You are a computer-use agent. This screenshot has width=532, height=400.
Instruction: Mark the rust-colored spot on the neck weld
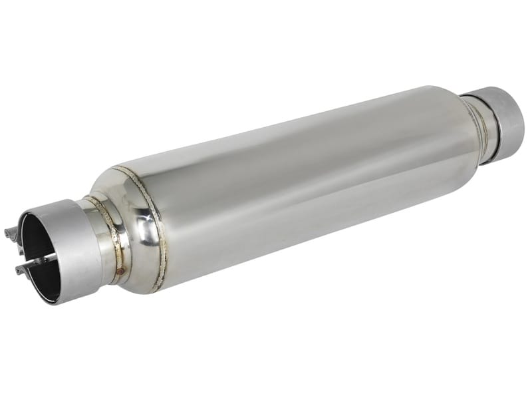[x=120, y=270]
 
